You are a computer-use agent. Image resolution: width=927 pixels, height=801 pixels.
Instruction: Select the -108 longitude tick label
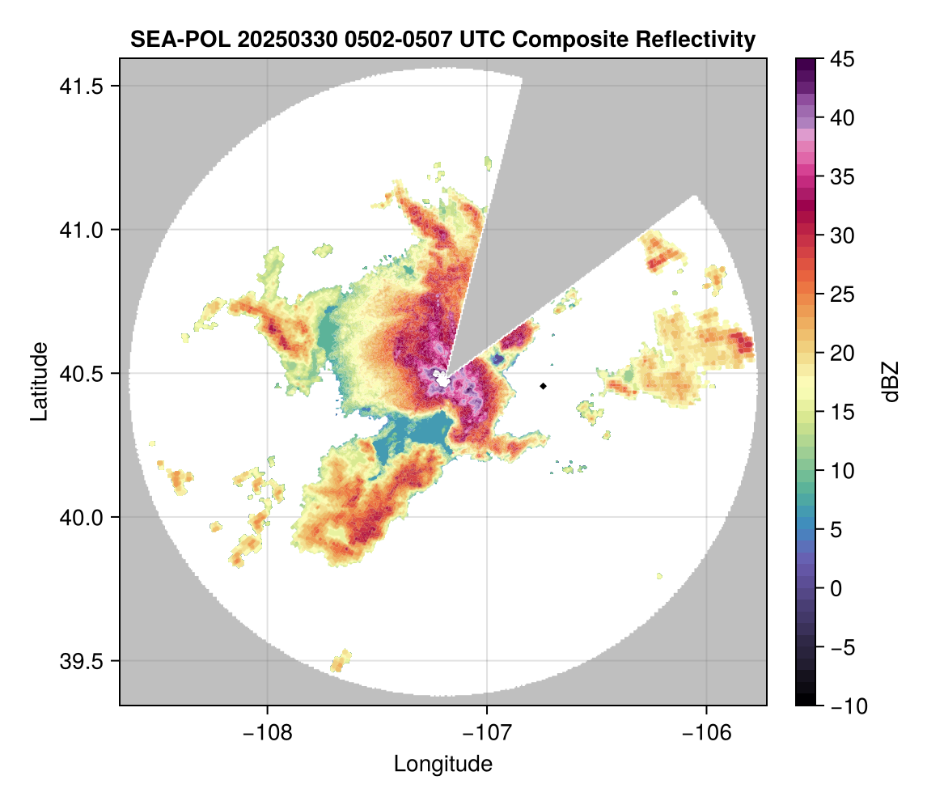(267, 732)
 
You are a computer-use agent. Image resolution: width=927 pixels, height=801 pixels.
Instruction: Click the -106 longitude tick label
(707, 732)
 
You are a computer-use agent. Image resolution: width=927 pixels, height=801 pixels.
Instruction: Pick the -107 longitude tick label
(487, 732)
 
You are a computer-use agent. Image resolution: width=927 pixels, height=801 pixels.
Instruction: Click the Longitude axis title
(442, 763)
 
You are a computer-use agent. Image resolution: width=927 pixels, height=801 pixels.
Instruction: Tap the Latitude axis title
(38, 381)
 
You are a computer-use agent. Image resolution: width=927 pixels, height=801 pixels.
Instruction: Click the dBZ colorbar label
(891, 382)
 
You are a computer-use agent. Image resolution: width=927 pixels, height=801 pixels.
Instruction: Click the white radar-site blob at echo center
(442, 378)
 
